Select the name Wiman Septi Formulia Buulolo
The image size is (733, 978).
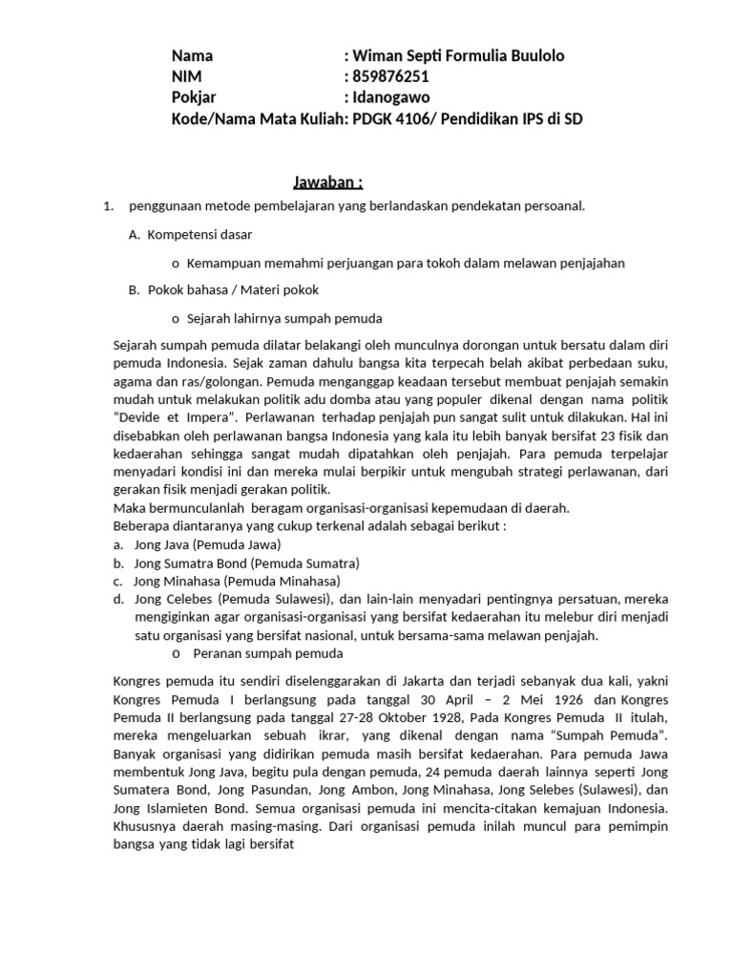(458, 55)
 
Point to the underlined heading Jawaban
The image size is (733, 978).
(327, 182)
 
